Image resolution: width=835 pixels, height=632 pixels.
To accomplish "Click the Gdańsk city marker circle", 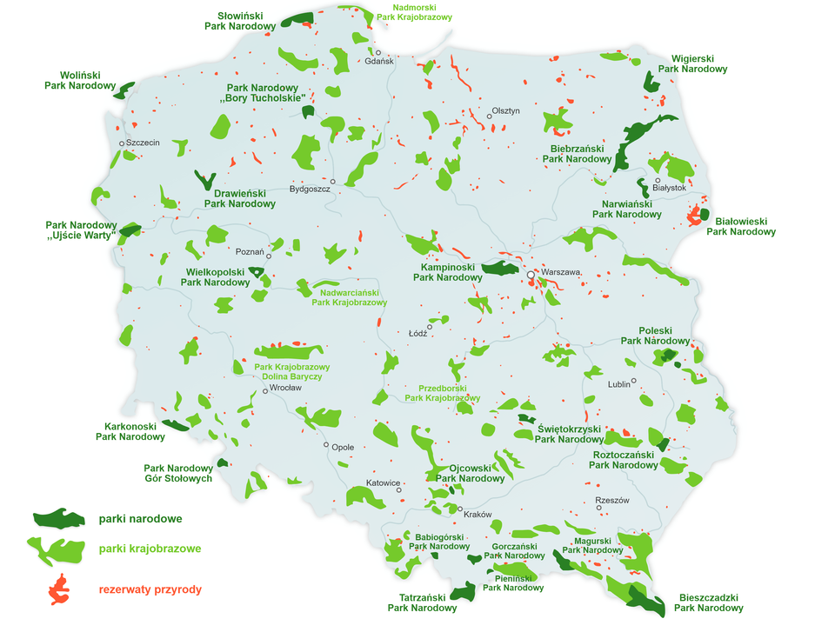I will pos(378,53).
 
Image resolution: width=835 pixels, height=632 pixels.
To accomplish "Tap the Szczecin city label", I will pos(143,143).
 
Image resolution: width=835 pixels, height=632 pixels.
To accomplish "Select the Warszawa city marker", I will pos(530,275).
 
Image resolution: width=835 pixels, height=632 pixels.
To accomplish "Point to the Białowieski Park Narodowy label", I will pos(740,227).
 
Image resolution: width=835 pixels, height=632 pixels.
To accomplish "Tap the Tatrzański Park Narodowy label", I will pos(422,602).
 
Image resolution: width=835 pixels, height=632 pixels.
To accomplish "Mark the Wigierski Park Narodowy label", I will pos(692,63).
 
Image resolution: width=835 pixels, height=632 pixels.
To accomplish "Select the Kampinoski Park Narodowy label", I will pos(447,272).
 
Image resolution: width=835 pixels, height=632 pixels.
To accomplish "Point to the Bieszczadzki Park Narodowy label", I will pos(709,603).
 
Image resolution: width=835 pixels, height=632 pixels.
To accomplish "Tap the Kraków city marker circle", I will pos(461,509).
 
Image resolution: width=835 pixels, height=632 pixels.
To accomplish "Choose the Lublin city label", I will pos(618,383).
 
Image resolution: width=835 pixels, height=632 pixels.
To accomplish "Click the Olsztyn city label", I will pos(505,110).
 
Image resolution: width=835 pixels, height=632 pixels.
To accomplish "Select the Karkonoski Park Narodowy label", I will pos(130,431).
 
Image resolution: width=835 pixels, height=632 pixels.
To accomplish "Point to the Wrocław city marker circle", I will pos(264,391).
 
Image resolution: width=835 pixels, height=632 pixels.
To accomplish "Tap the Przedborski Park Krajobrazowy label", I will pos(443,393).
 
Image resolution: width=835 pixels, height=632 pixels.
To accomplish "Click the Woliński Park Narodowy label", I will pos(80,80).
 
